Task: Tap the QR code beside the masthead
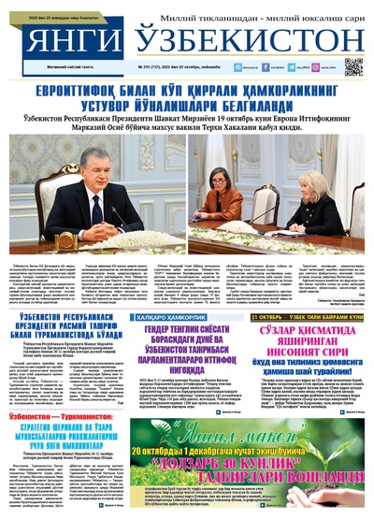pyautogui.click(x=352, y=66)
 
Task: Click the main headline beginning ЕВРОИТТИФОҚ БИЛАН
pyautogui.click(x=187, y=97)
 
